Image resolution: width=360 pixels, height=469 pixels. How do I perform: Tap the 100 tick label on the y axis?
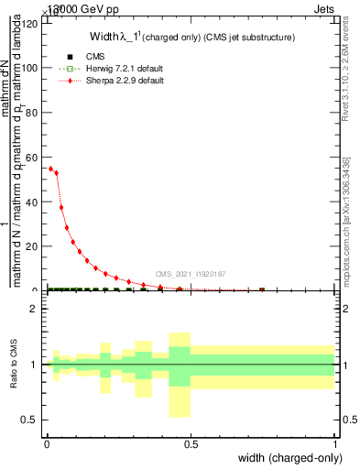pyautogui.click(x=30, y=68)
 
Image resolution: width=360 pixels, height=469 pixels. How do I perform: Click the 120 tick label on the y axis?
pyautogui.click(x=30, y=24)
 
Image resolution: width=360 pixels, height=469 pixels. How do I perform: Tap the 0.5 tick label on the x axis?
pyautogui.click(x=191, y=444)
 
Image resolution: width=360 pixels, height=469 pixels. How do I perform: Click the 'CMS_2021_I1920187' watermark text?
pyautogui.click(x=191, y=274)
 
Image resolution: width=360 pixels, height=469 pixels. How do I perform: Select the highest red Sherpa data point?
pyautogui.click(x=50, y=169)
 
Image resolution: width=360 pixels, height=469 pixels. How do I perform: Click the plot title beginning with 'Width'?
pyautogui.click(x=191, y=38)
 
